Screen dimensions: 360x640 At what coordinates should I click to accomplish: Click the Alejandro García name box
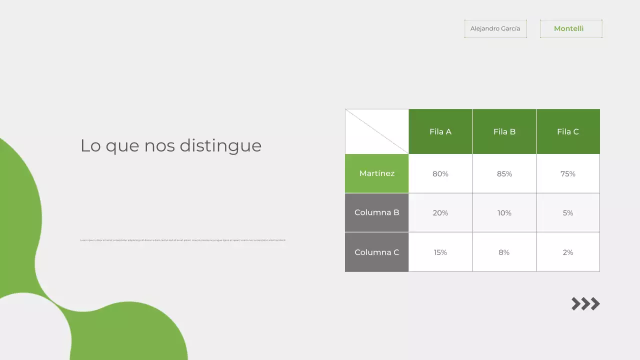click(x=495, y=28)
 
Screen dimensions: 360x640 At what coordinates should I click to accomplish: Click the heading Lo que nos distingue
click(x=171, y=145)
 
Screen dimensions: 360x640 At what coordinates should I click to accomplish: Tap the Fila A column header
click(x=440, y=131)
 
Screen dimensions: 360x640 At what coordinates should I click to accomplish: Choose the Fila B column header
click(x=504, y=131)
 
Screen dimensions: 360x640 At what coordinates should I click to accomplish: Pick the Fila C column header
click(x=568, y=131)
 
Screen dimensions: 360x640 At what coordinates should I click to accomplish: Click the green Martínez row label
click(x=377, y=173)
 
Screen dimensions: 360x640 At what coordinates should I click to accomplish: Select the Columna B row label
click(x=377, y=212)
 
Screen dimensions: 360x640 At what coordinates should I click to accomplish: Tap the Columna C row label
click(x=377, y=252)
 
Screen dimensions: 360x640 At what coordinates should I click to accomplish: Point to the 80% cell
click(x=440, y=173)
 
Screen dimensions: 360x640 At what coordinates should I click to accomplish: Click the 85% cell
click(x=504, y=173)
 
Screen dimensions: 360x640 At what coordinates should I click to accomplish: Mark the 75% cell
click(x=568, y=173)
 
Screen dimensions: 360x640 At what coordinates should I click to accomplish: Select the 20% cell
click(x=440, y=212)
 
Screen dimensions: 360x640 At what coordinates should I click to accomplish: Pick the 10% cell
click(x=504, y=212)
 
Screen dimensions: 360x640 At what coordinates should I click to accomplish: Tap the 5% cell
click(x=568, y=212)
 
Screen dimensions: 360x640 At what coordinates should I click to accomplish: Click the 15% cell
click(x=440, y=252)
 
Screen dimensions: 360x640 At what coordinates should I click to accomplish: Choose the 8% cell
click(x=504, y=252)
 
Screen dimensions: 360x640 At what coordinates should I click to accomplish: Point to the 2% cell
click(x=568, y=252)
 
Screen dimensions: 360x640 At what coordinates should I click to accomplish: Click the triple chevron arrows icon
click(x=585, y=303)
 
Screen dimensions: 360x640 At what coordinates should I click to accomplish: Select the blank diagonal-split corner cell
click(x=377, y=131)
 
